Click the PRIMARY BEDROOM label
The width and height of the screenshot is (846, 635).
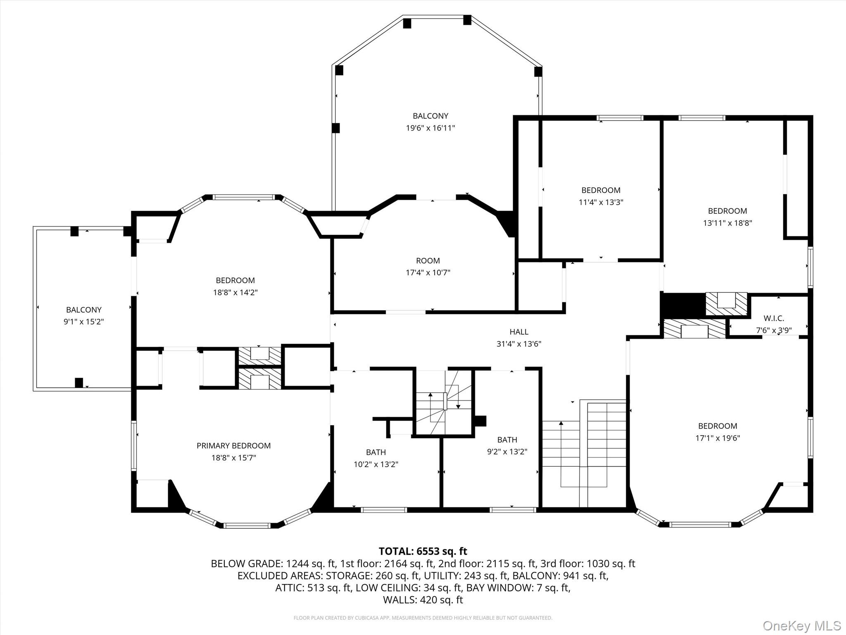pyautogui.click(x=233, y=446)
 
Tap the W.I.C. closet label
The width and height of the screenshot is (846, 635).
pyautogui.click(x=773, y=318)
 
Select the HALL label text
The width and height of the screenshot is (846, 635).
pyautogui.click(x=519, y=332)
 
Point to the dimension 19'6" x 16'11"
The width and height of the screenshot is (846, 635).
pyautogui.click(x=430, y=128)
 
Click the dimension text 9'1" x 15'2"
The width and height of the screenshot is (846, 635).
pyautogui.click(x=83, y=322)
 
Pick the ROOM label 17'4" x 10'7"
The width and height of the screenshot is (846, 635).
pyautogui.click(x=428, y=261)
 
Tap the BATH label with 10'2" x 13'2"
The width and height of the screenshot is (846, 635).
pyautogui.click(x=375, y=452)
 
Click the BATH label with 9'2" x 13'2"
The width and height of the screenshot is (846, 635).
pyautogui.click(x=507, y=440)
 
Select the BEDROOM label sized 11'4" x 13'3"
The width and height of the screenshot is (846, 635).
pyautogui.click(x=601, y=190)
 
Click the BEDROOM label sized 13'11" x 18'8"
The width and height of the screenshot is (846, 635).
pyautogui.click(x=727, y=211)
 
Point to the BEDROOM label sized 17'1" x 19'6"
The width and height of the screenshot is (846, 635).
pyautogui.click(x=718, y=426)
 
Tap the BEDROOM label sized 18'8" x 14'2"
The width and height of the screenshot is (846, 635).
pyautogui.click(x=235, y=280)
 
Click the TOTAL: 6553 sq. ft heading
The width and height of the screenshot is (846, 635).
pyautogui.click(x=423, y=551)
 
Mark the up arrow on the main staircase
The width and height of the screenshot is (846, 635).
pyautogui.click(x=561, y=423)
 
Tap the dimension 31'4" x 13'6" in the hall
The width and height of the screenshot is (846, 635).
pyautogui.click(x=519, y=344)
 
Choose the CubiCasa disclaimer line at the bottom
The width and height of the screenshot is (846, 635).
pyautogui.click(x=423, y=618)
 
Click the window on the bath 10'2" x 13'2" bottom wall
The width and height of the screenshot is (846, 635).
pyautogui.click(x=384, y=510)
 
